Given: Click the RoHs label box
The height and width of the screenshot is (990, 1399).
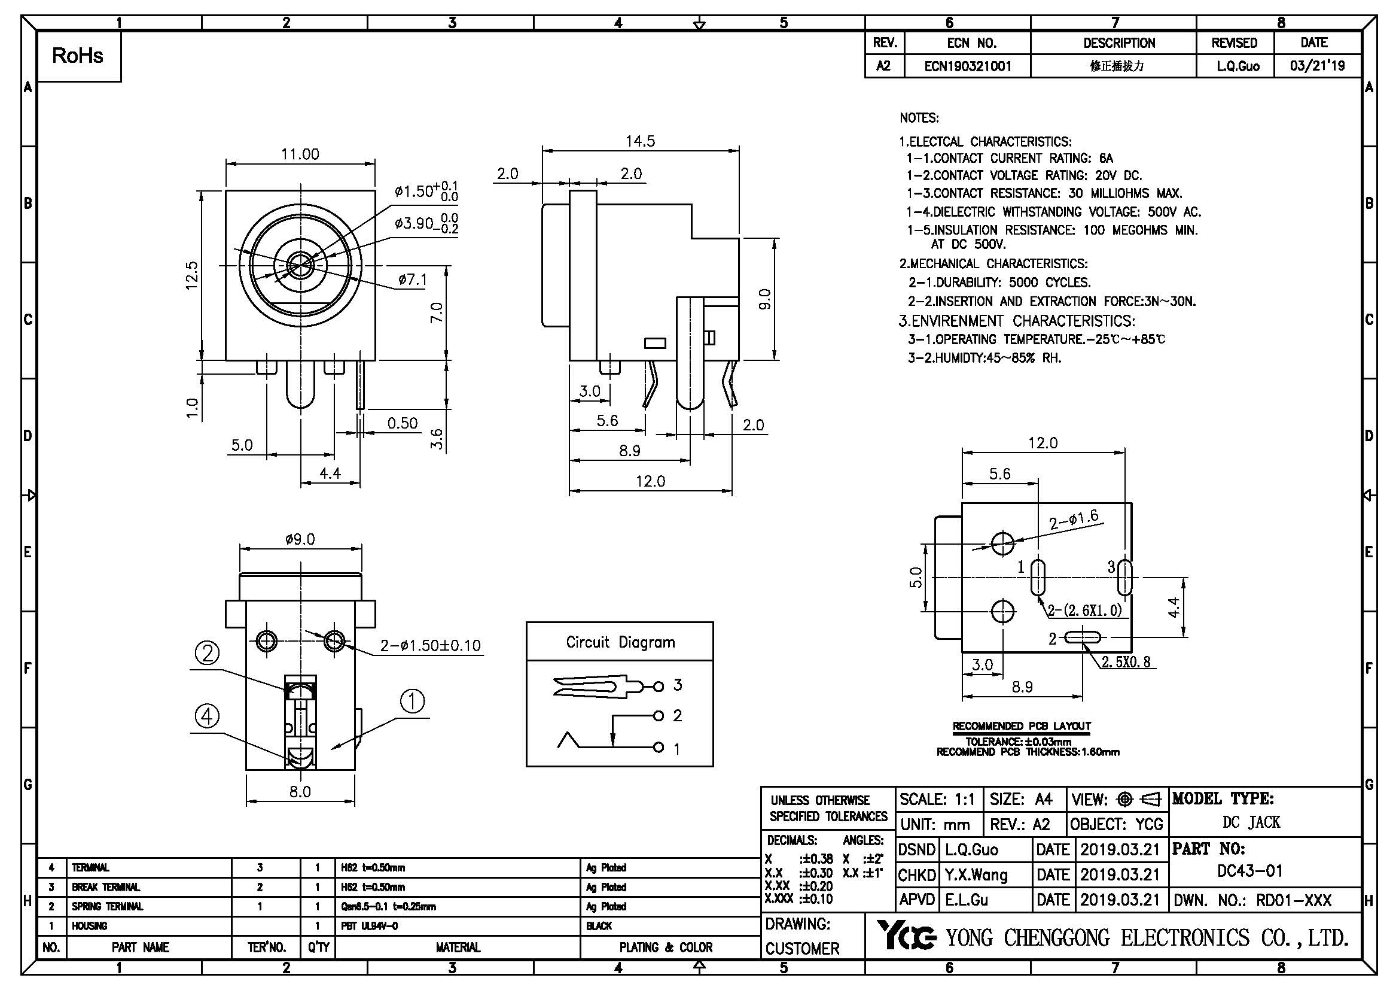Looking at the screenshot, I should pos(78,56).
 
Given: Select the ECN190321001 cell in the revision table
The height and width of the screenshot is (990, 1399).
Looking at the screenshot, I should pos(968,66).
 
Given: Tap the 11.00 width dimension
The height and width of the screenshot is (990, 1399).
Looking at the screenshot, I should pos(300,154).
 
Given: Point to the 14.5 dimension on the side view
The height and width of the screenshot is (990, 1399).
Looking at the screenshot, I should pos(640,141).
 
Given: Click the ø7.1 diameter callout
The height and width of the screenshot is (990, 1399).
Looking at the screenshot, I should pos(413,280).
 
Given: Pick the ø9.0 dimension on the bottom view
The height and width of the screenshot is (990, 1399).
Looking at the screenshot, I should pos(300,539).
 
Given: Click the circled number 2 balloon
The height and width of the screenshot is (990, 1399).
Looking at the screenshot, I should pos(207,654).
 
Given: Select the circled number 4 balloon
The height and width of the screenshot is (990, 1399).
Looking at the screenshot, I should pos(207,716).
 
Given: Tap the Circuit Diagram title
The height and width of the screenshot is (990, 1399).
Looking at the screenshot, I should pos(620,642).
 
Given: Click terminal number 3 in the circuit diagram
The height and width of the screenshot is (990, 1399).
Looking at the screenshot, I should pos(677,685).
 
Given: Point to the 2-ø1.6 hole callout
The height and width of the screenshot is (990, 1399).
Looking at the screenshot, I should pos(1074,520).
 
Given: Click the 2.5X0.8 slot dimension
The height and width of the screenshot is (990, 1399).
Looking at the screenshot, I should pos(1126,662).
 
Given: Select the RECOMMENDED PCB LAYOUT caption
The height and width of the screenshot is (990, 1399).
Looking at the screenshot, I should pos(1022,726).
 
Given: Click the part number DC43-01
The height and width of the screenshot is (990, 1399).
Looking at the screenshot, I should pos(1249,870).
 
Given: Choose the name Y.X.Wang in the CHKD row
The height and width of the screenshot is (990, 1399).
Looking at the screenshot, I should pos(976,876).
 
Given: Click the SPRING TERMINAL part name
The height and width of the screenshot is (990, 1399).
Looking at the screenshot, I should pos(107,906).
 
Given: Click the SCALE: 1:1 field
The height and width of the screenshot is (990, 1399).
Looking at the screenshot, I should pos(937,799).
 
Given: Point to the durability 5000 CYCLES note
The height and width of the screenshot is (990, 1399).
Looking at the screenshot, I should pos(999,283).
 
